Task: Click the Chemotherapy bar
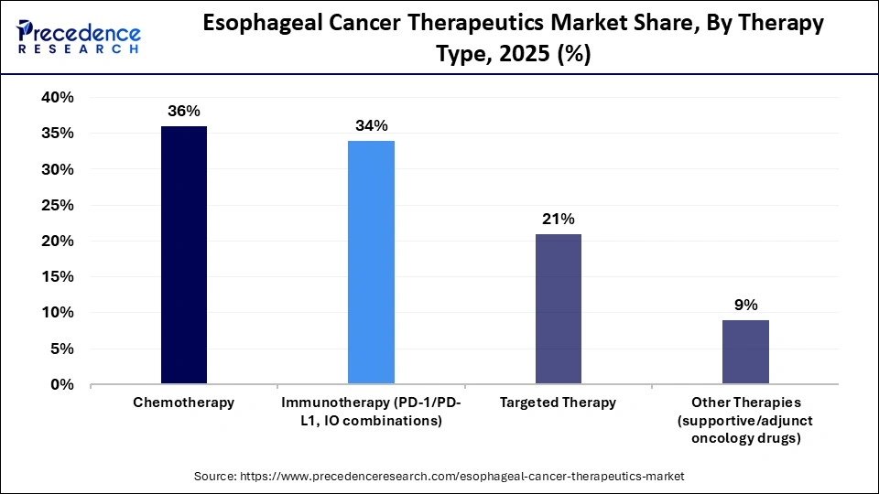184,255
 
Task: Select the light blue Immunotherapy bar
371,263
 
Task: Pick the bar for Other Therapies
745,352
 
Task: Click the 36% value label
183,111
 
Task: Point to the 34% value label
371,125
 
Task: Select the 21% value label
558,219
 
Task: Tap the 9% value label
745,305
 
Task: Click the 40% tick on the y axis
57,98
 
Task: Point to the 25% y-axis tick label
57,206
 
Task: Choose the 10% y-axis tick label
57,313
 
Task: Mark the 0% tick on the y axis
61,385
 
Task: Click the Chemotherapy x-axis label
183,403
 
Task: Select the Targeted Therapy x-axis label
558,403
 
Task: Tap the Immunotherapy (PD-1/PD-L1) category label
371,411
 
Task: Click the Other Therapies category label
745,420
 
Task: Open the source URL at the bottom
439,477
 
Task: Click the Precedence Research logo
79,38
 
